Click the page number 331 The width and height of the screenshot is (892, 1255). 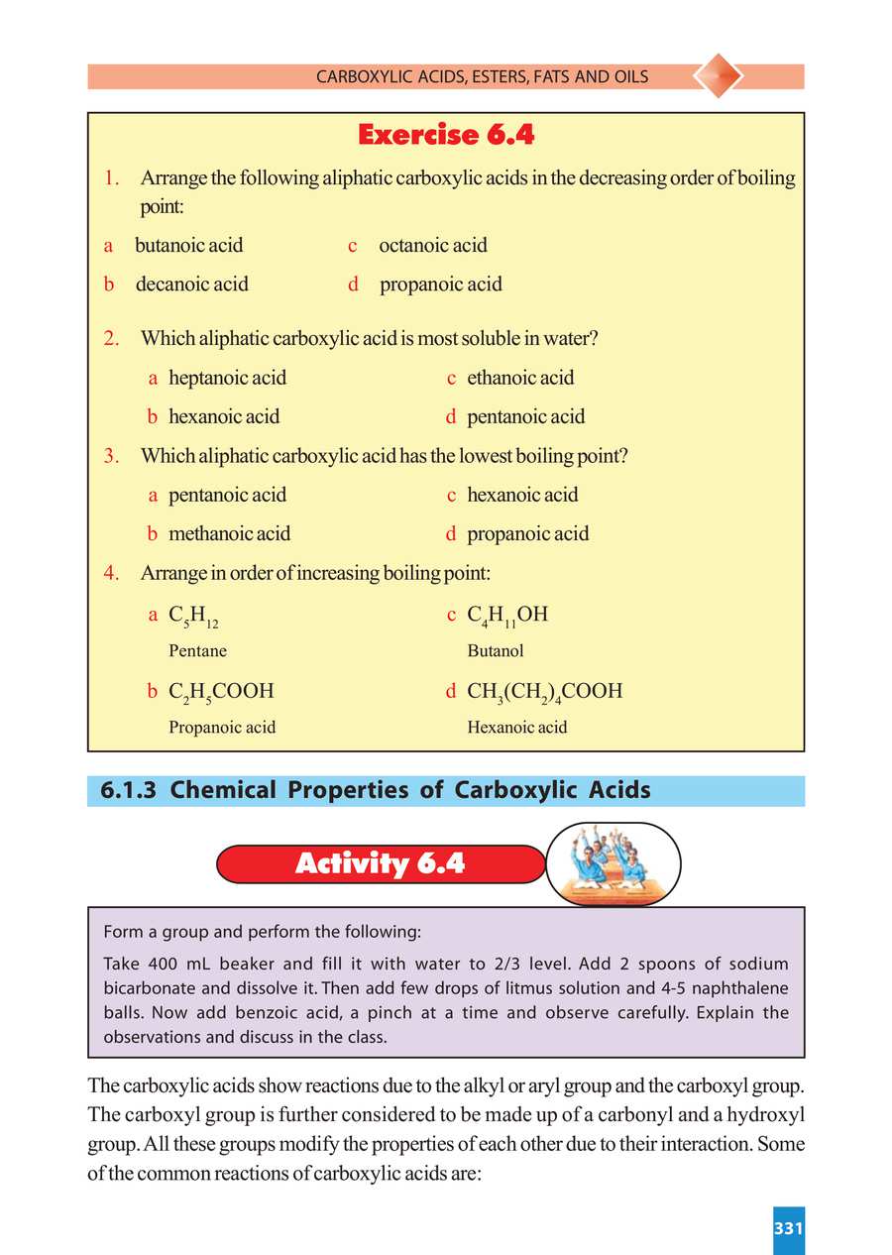(x=787, y=1228)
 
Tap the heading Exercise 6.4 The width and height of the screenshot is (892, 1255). (x=446, y=134)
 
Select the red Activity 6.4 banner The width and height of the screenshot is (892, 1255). (x=380, y=863)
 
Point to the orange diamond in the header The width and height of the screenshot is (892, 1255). (x=717, y=76)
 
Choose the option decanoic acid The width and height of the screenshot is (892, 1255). (x=191, y=285)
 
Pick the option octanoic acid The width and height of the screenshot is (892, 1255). (x=432, y=245)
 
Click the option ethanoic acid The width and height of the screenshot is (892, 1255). (x=520, y=378)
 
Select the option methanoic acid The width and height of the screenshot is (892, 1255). (x=229, y=533)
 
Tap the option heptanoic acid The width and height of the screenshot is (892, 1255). (x=227, y=378)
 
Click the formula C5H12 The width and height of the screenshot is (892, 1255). (x=193, y=617)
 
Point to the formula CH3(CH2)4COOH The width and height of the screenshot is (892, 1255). (x=544, y=691)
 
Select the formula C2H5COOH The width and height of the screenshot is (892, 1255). (x=221, y=691)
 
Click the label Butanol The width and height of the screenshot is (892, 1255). (x=496, y=651)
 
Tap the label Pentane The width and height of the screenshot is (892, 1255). (x=197, y=651)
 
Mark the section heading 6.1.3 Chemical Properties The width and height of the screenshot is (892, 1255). (x=376, y=790)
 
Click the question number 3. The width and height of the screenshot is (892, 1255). (x=111, y=456)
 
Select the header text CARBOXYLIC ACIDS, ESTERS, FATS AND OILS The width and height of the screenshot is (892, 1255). (x=482, y=76)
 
